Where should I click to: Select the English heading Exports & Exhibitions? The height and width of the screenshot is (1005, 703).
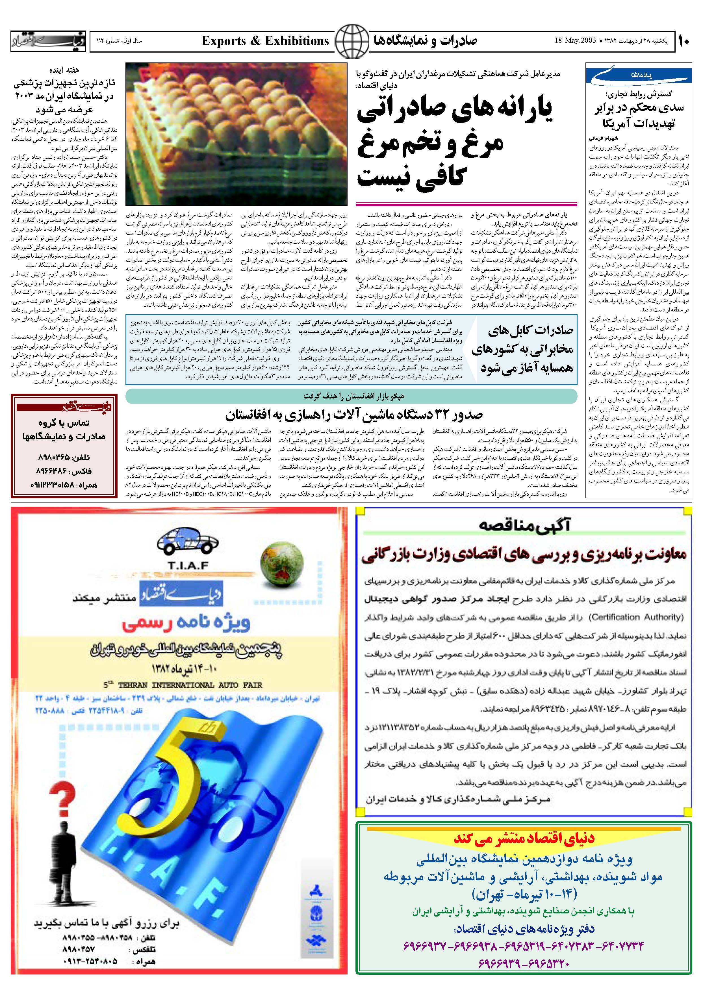coord(265,41)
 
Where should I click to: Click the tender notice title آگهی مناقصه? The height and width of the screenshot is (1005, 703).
coord(524,524)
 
